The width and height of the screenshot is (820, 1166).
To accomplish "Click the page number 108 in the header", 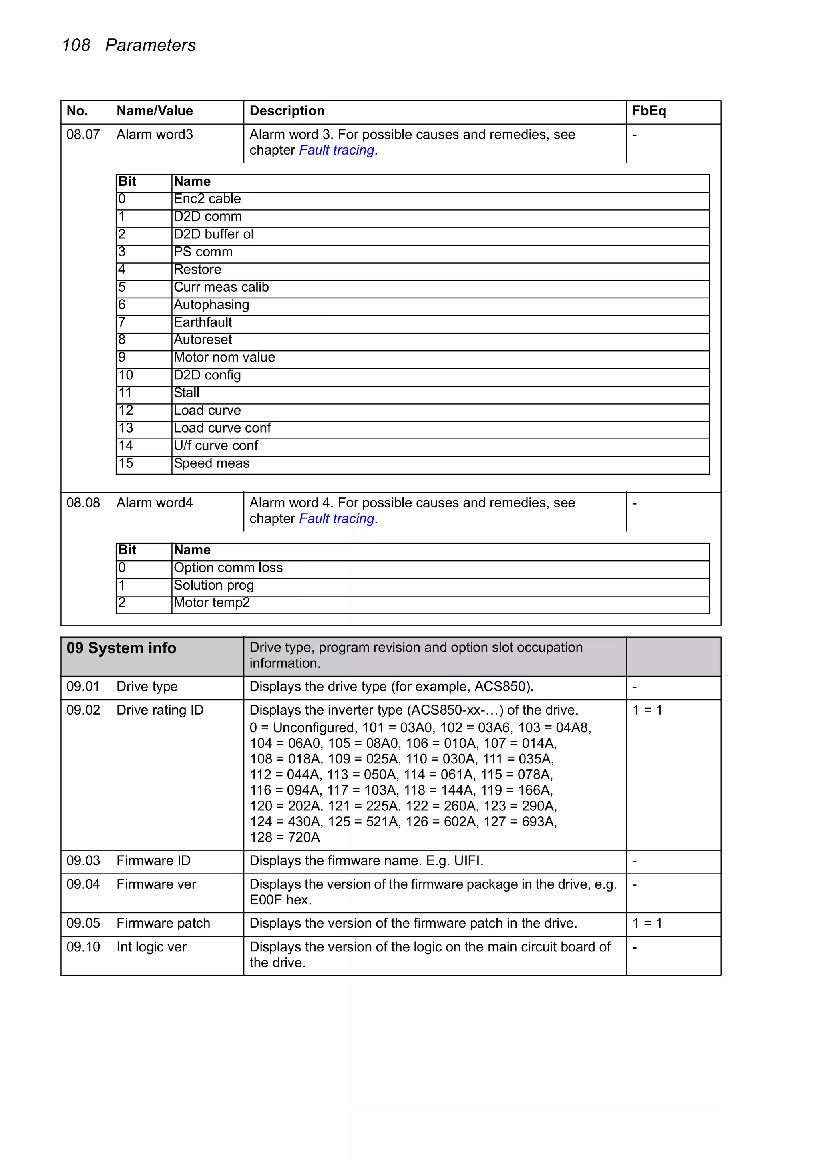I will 76,45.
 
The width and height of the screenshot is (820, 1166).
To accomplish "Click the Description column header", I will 287,111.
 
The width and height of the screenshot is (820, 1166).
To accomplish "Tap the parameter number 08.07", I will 83,135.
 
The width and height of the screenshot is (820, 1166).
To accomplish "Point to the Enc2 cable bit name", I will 207,199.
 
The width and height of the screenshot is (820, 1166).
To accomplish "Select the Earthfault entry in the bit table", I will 203,322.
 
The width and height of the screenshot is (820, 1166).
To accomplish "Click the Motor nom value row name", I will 224,358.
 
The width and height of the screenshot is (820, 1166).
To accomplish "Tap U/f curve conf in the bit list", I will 216,446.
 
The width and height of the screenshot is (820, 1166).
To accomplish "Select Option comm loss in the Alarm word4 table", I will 228,568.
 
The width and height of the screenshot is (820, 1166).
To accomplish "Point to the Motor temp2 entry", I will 212,603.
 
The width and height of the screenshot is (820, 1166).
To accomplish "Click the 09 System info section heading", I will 121,648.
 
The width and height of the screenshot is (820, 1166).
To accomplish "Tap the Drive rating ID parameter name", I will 159,710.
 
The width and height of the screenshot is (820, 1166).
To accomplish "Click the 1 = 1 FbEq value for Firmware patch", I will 647,923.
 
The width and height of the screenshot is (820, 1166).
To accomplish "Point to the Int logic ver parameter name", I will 151,947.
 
